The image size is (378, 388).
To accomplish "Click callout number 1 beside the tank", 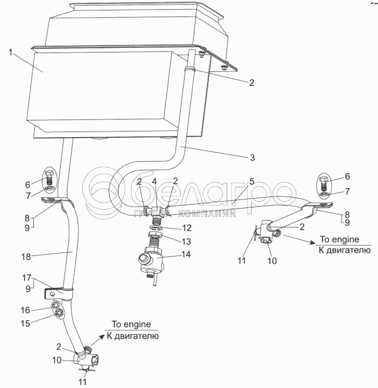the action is (x=10, y=53).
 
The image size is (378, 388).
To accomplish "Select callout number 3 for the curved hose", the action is (x=252, y=158).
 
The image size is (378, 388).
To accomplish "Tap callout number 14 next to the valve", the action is (x=186, y=254).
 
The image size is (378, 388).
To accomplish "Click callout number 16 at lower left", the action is (x=25, y=310).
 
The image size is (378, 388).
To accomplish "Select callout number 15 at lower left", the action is (x=25, y=323).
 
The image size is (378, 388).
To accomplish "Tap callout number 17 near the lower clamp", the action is (x=26, y=278).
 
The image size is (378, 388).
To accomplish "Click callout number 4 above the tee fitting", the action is (x=154, y=182).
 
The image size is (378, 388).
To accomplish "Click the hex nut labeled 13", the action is (x=155, y=234).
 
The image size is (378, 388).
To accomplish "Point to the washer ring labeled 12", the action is (x=156, y=227).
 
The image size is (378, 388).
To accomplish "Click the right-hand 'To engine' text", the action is (x=339, y=239).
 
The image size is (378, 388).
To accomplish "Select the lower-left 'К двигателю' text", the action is (x=133, y=336).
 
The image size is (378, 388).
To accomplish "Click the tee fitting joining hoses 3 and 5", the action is (x=156, y=211).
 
